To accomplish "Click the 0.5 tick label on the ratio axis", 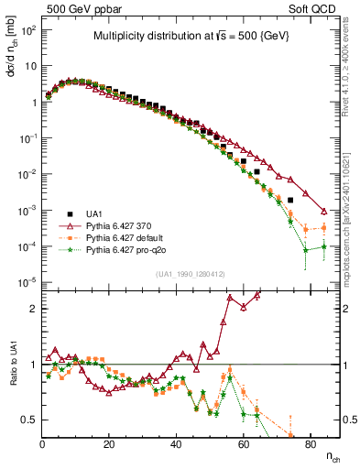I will click(30, 420).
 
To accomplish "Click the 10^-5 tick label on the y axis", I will click(28, 282).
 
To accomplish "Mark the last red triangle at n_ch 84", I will click(323, 211).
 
